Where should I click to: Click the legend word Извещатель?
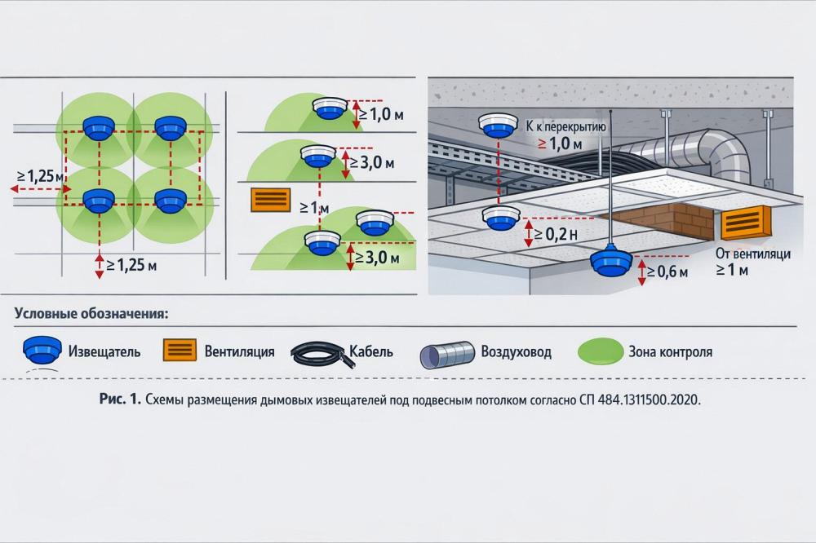[105, 352]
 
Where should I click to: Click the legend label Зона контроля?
[670, 352]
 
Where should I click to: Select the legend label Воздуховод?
[516, 352]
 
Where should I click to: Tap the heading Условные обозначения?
[91, 313]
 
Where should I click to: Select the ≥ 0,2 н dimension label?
[557, 235]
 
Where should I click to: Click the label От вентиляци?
[752, 254]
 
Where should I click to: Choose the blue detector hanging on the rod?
[613, 261]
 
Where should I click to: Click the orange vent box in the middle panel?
[271, 201]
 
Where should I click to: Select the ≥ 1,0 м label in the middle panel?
[380, 114]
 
